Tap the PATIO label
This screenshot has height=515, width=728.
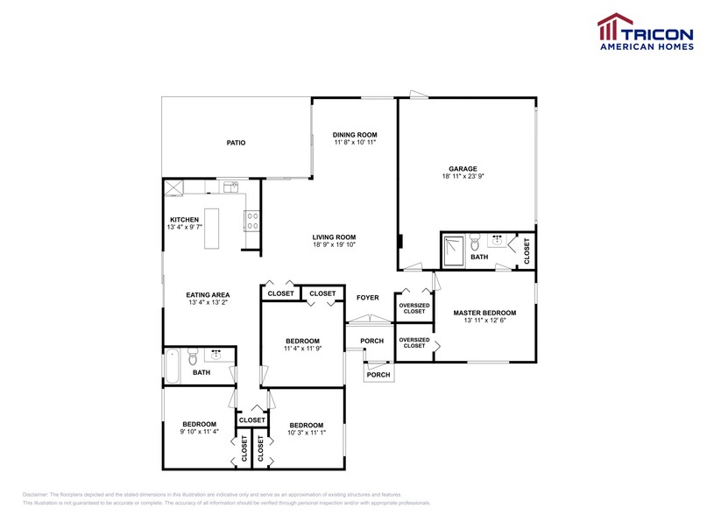(x=236, y=142)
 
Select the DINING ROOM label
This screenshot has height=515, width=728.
(x=355, y=134)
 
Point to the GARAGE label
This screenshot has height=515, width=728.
(x=464, y=169)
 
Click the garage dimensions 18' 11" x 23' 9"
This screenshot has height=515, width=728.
(x=464, y=177)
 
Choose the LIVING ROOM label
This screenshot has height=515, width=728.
(x=334, y=236)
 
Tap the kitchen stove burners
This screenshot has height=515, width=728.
(x=252, y=221)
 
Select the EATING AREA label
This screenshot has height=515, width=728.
(x=208, y=295)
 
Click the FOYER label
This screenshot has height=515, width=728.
(x=368, y=298)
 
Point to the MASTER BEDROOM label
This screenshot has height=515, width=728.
(x=484, y=313)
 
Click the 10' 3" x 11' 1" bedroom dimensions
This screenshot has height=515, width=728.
(x=307, y=432)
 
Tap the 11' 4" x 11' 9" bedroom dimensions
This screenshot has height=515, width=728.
(x=302, y=349)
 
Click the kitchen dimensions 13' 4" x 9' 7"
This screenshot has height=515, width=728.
(x=184, y=228)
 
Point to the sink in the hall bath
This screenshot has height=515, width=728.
(x=216, y=355)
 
